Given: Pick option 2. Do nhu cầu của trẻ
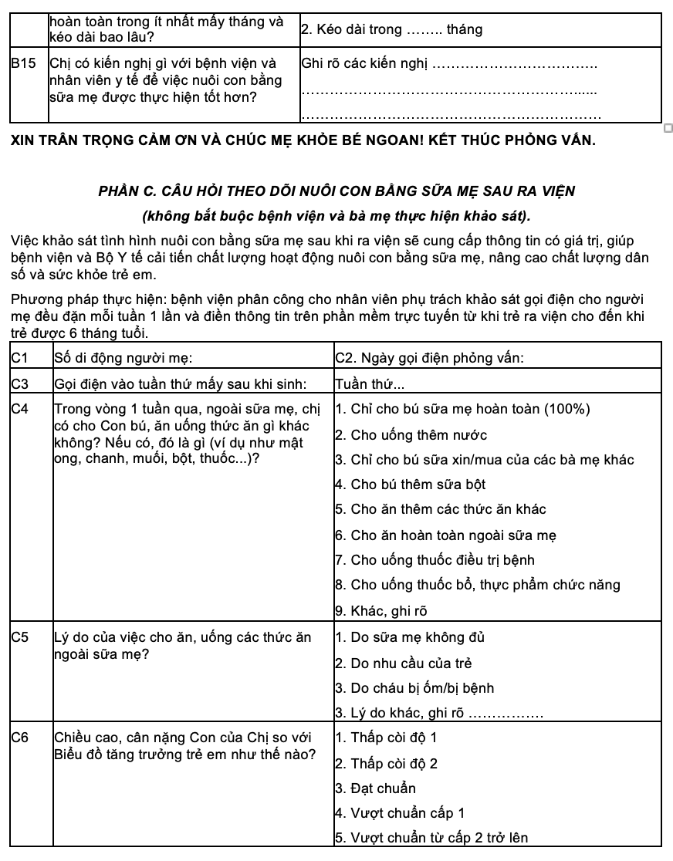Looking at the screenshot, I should [x=403, y=663].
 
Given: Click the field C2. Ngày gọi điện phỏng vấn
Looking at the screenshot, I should [x=431, y=358].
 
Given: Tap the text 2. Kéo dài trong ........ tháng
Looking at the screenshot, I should [x=391, y=30].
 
